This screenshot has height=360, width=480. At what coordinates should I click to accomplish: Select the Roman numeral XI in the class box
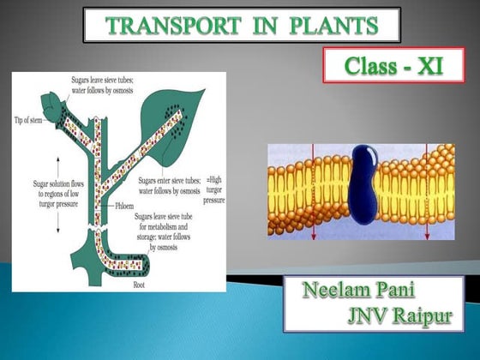(419, 65)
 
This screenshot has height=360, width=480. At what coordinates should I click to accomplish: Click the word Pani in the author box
(408, 290)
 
